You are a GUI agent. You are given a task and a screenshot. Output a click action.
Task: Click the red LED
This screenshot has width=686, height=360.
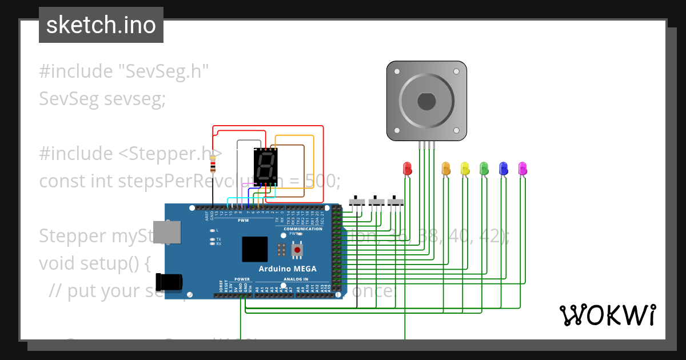(x=408, y=168)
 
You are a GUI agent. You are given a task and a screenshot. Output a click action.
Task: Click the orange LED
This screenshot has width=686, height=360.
(x=446, y=168)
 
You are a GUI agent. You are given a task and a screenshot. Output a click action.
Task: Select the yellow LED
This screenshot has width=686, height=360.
(x=465, y=168)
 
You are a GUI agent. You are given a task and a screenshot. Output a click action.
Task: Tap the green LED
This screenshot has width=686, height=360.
(x=484, y=168)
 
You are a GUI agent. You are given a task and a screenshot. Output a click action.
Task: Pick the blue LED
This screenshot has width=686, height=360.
(x=504, y=168)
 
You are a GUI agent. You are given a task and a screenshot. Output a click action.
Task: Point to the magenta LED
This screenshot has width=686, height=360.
(x=523, y=168)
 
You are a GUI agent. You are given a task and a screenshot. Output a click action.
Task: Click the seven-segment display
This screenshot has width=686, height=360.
(x=265, y=166)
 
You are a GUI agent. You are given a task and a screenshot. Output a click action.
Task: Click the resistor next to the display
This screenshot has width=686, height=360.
(x=213, y=166)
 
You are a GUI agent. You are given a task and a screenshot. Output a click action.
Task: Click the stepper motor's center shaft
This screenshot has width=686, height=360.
(x=427, y=101)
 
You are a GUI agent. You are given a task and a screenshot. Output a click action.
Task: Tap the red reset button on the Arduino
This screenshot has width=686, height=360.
(x=297, y=249)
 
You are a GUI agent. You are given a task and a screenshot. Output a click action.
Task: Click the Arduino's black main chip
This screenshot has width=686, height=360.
(x=254, y=249)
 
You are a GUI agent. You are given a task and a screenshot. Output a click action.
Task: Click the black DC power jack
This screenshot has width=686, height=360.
(x=170, y=281)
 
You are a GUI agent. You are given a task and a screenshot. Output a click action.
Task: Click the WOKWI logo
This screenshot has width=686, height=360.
(x=607, y=315)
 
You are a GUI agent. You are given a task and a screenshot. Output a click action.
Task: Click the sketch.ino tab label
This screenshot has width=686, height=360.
(x=101, y=25)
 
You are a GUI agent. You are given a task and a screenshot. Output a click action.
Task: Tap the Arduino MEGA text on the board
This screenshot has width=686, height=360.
(x=287, y=269)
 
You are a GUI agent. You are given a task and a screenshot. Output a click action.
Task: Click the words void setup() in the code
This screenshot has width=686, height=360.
(x=94, y=263)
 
